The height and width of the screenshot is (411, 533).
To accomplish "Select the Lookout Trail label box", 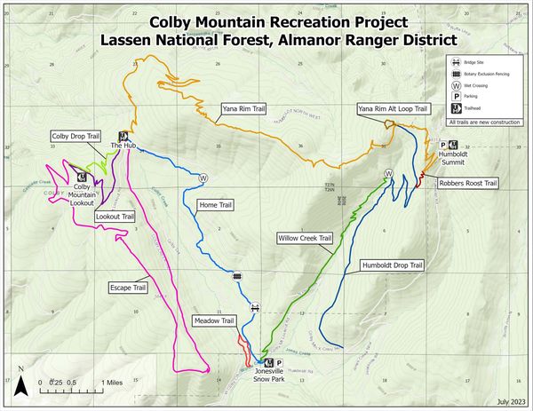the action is pyautogui.click(x=115, y=216).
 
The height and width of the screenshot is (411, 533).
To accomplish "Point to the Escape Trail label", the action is pyautogui.click(x=126, y=288).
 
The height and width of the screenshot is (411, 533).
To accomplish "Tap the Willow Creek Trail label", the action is pyautogui.click(x=304, y=239).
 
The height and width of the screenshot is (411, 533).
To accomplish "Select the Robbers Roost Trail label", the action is pyautogui.click(x=466, y=184).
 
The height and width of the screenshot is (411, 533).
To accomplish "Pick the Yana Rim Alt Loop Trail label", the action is pyautogui.click(x=395, y=109).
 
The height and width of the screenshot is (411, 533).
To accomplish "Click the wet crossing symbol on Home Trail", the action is pyautogui.click(x=203, y=178).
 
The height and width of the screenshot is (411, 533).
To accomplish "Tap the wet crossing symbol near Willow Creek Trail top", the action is pyautogui.click(x=388, y=173).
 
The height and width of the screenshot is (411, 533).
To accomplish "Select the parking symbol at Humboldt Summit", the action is pyautogui.click(x=443, y=145).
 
